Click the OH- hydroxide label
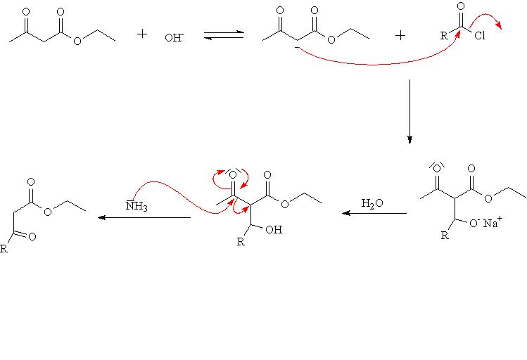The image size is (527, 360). click(x=174, y=38)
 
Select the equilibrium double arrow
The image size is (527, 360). click(x=224, y=34)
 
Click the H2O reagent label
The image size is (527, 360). click(x=372, y=203)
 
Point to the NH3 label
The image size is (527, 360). click(x=136, y=205)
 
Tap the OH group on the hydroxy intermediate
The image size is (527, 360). click(x=274, y=229)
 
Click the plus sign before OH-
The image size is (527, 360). click(x=142, y=34)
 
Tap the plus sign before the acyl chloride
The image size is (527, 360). click(x=400, y=34)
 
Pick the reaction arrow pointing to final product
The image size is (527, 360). click(x=144, y=217)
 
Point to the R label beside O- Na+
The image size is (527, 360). click(x=444, y=235)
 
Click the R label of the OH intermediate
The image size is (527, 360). click(x=241, y=243)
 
